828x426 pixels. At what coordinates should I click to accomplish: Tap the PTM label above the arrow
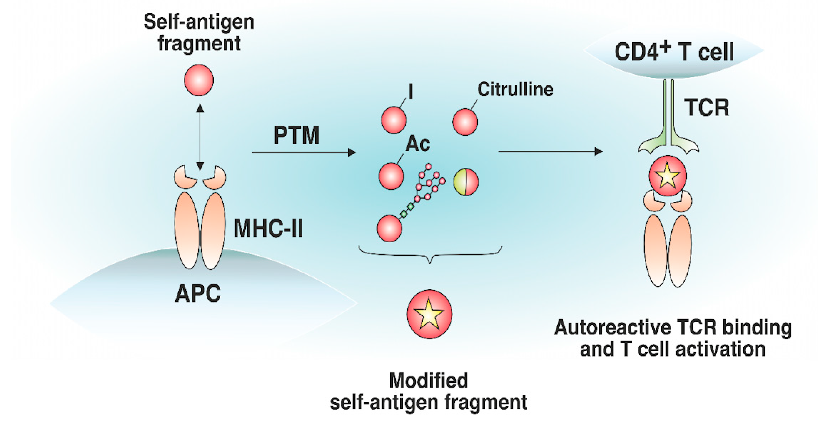tap(296, 135)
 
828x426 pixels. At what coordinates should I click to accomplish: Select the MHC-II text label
tap(268, 228)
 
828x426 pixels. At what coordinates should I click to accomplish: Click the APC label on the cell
tap(198, 293)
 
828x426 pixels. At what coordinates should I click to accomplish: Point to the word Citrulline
tap(515, 89)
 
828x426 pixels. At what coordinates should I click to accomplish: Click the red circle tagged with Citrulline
tap(465, 122)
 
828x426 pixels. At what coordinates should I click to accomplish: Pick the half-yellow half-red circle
tap(466, 182)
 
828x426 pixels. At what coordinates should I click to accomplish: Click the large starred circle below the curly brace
tap(429, 314)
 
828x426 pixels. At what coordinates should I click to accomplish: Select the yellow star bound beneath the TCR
tap(668, 176)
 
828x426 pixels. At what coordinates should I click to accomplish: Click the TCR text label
tap(707, 107)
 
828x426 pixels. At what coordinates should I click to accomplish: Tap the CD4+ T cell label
tap(674, 52)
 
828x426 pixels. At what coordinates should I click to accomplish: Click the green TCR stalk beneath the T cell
tap(668, 112)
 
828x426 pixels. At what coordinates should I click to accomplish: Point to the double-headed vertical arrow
tap(200, 137)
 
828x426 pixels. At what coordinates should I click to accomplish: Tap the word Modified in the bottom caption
tap(428, 381)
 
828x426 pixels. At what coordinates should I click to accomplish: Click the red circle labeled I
tap(393, 120)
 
